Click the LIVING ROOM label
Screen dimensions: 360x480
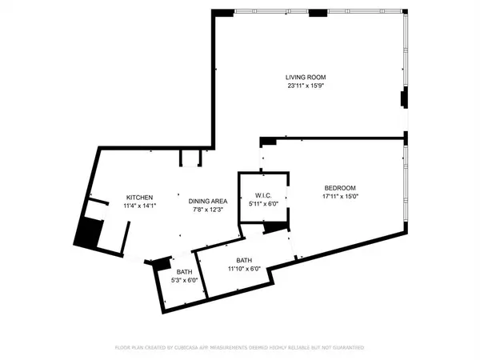click(306, 77)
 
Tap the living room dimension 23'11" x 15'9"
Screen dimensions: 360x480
click(306, 86)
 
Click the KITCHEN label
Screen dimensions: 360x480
click(138, 198)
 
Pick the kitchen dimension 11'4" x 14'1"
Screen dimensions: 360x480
click(138, 206)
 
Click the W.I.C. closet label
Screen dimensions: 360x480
click(266, 195)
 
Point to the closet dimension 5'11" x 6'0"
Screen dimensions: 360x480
click(266, 204)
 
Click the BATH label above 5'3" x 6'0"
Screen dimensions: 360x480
click(183, 272)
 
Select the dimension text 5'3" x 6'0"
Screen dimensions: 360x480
click(183, 281)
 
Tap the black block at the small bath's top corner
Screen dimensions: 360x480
click(162, 262)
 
